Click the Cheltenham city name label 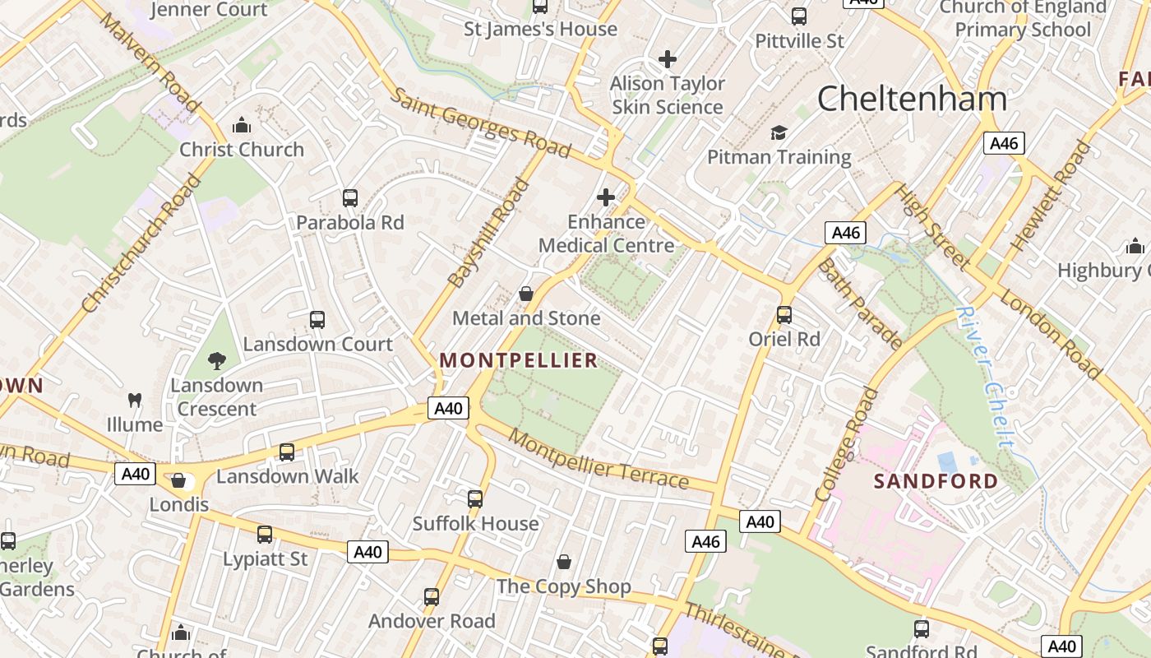coord(912,99)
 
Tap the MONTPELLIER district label coord(519,360)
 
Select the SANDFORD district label coord(936,481)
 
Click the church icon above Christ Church coord(242,125)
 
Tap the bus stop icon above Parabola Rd coord(350,197)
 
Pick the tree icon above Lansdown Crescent coord(217,360)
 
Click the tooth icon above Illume coord(135,401)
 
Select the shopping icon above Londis coord(178,480)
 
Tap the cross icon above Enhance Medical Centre coord(606,197)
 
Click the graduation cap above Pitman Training coord(779,132)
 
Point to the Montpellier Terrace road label coord(598,460)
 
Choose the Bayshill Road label coord(488,233)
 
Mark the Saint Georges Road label coord(479,123)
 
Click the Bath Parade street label coord(858,304)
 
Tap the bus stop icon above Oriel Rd coord(784,314)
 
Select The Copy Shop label coord(564,586)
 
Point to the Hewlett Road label coord(1050,196)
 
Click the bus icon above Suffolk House coord(475,498)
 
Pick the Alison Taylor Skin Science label coord(668,95)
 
